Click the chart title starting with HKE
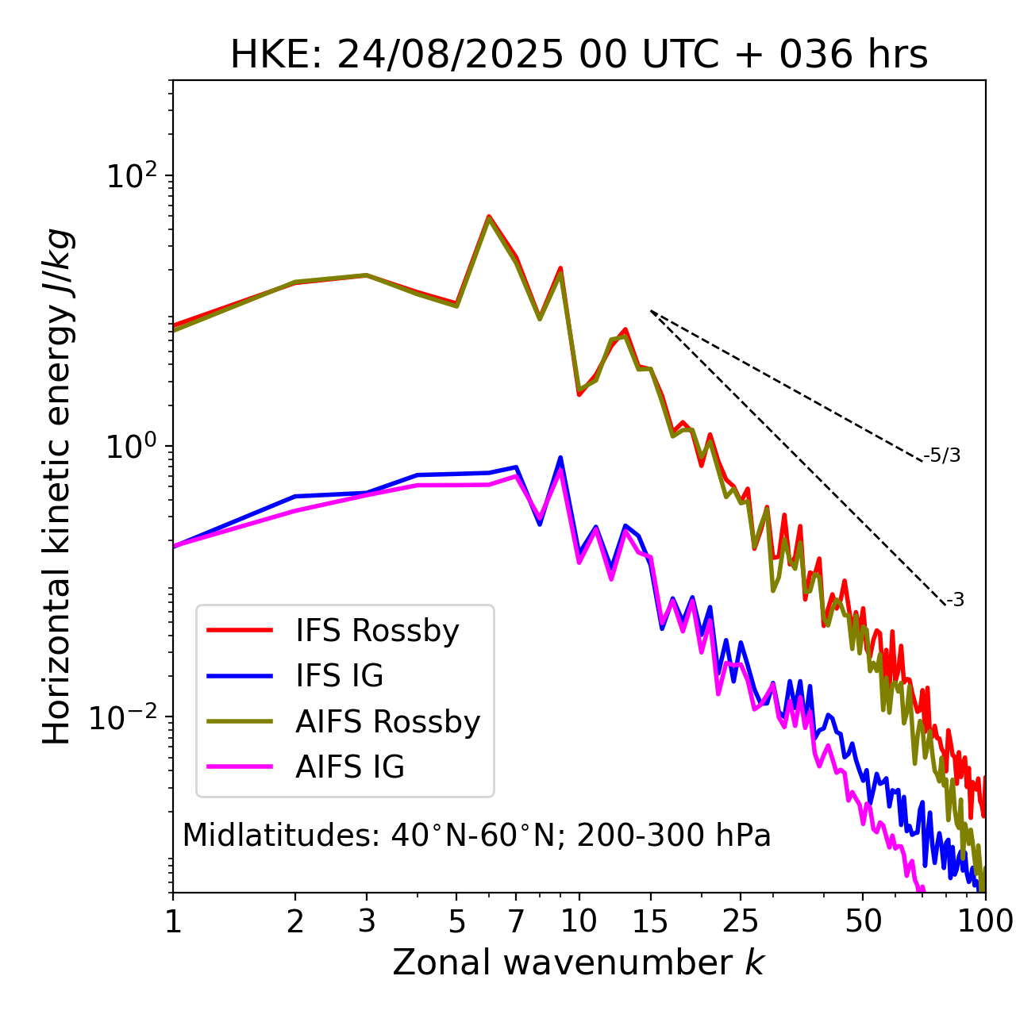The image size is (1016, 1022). [x=579, y=56]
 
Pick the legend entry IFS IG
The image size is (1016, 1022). [x=339, y=676]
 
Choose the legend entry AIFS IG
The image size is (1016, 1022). [x=350, y=767]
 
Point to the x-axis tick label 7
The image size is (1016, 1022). [x=516, y=921]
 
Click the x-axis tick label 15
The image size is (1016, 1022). [x=651, y=921]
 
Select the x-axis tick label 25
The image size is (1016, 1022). [x=741, y=921]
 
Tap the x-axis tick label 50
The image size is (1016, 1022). [x=863, y=921]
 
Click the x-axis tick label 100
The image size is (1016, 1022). [x=984, y=921]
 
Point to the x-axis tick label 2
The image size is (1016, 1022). [x=295, y=921]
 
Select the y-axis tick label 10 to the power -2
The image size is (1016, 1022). [x=127, y=718]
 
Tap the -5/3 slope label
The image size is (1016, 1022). [x=942, y=455]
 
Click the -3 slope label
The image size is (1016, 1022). [x=955, y=601]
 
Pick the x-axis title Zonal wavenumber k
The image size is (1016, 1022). [x=579, y=962]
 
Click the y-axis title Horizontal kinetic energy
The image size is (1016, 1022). [x=57, y=486]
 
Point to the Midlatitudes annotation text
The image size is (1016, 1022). [x=476, y=836]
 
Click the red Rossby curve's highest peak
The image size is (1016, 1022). [x=489, y=216]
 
